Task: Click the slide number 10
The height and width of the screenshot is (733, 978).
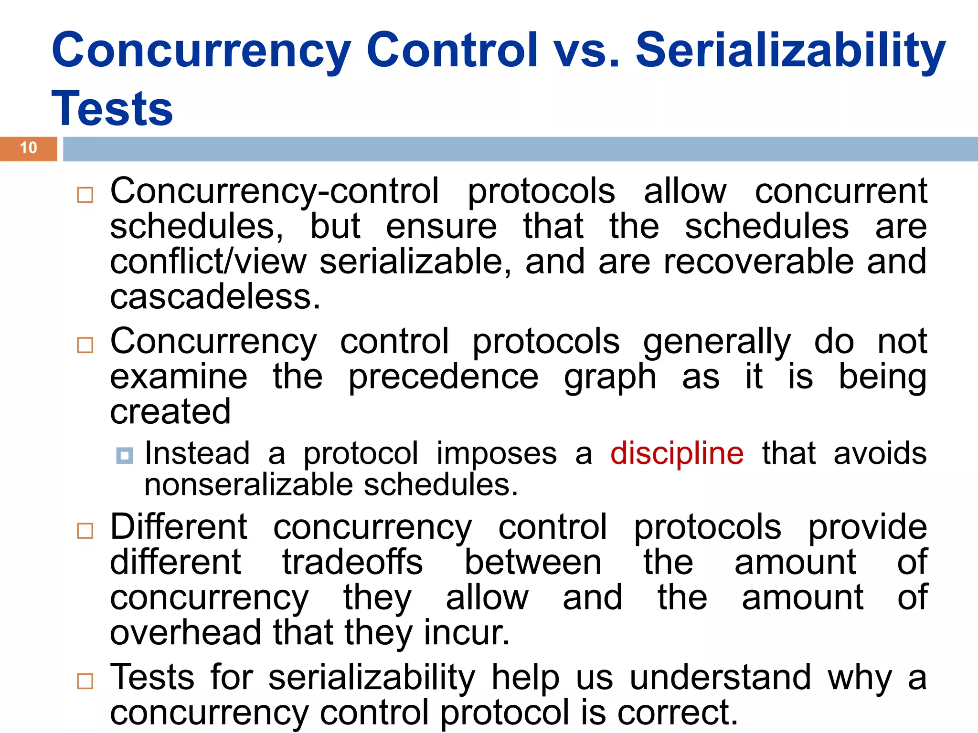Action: point(29,148)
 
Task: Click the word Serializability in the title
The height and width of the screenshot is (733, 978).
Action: point(790,51)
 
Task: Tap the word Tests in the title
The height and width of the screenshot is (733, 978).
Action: point(112,109)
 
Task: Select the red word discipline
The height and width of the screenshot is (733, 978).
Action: point(677,453)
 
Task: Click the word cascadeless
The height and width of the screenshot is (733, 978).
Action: point(215,297)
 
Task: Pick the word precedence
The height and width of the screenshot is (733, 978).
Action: point(443,377)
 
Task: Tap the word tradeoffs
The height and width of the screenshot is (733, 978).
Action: point(352,562)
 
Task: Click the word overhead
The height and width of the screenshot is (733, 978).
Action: point(185,633)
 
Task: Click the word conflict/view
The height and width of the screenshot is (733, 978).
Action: point(208,262)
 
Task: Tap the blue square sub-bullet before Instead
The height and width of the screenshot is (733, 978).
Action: point(125,456)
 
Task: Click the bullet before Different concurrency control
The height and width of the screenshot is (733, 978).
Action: point(85,531)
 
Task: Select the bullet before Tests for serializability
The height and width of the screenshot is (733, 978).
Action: point(85,681)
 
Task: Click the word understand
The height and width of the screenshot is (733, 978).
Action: point(720,677)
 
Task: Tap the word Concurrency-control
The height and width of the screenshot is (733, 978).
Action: point(275,191)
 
